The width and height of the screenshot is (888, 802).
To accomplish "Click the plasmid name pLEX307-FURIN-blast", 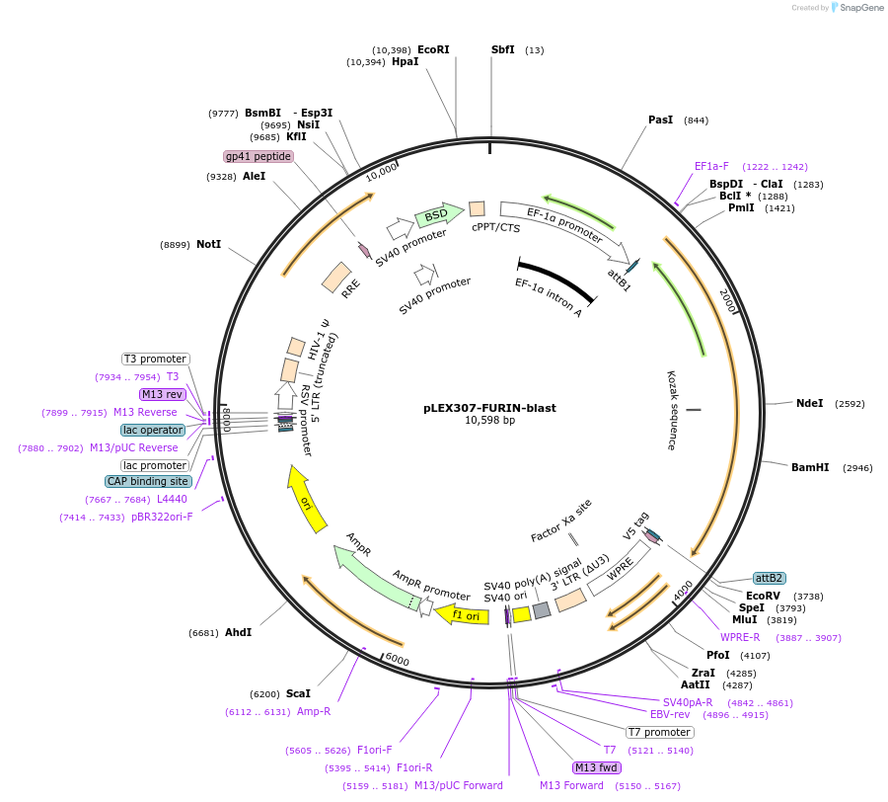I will click(489, 407).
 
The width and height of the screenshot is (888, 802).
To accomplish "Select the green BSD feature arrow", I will click(438, 214).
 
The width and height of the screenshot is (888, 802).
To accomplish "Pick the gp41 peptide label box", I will click(259, 156).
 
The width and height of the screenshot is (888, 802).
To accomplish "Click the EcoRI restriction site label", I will click(433, 49).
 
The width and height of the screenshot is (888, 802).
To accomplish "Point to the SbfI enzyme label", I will click(503, 49).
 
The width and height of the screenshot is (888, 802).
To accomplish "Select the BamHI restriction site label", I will click(810, 467).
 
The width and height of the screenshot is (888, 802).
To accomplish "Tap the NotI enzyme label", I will click(208, 244).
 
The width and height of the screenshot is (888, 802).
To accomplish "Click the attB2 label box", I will click(769, 578).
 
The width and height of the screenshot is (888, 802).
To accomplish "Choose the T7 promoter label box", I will click(660, 732).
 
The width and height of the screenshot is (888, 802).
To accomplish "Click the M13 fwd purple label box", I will click(597, 767).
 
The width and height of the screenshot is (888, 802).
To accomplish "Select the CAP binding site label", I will click(147, 481).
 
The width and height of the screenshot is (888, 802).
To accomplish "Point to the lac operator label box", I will click(153, 430).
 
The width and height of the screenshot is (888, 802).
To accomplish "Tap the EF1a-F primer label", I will click(711, 166).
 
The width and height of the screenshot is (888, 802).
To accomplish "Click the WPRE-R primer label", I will click(740, 637).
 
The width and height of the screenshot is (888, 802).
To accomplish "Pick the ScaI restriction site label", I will click(298, 693).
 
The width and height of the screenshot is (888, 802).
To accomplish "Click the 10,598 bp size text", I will click(489, 420).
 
